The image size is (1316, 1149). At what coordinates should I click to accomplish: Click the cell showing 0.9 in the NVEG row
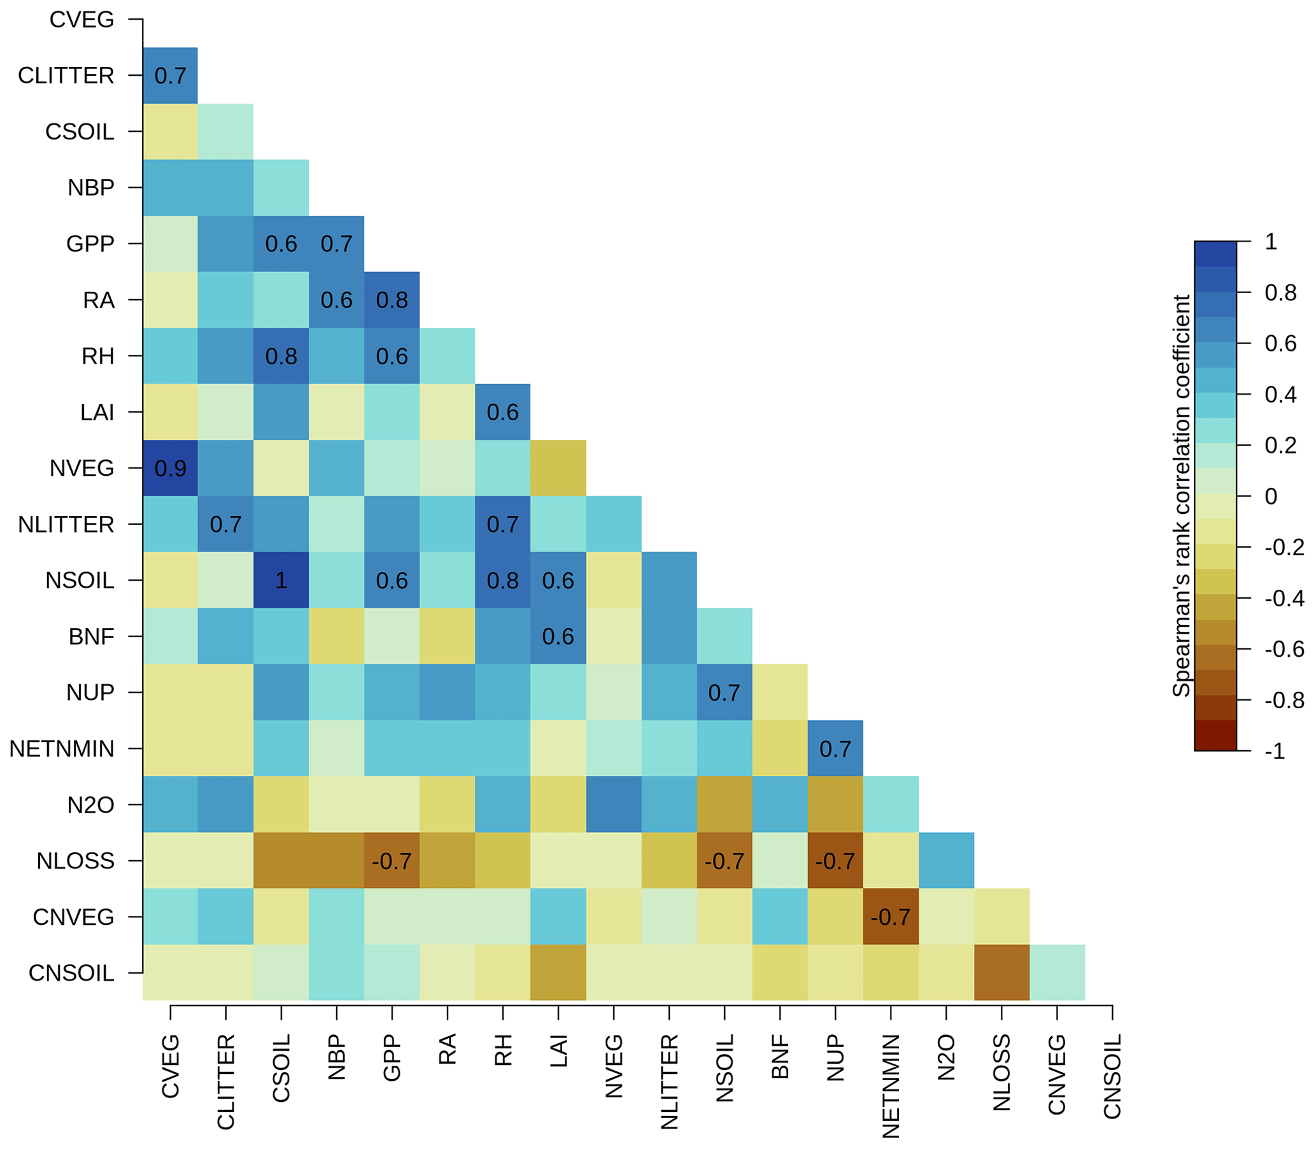click(x=170, y=468)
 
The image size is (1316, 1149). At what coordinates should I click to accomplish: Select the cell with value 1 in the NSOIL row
click(x=281, y=580)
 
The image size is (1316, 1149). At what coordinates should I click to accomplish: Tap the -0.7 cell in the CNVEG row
click(x=890, y=917)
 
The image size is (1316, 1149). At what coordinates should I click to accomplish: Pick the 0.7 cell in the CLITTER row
click(x=170, y=76)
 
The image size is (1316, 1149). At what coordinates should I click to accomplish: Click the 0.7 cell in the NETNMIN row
click(x=835, y=749)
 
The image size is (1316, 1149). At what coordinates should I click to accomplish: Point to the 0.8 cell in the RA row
click(x=392, y=300)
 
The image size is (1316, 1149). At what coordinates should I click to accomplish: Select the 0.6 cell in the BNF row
click(x=558, y=637)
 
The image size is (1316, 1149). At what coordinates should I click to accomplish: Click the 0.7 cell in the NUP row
click(x=724, y=692)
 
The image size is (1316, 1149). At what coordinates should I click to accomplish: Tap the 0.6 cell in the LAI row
click(x=502, y=412)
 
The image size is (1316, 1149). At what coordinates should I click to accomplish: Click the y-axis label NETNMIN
click(x=62, y=749)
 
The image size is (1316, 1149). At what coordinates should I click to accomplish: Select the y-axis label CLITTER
click(x=66, y=76)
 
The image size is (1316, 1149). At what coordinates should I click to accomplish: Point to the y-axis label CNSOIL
click(x=71, y=973)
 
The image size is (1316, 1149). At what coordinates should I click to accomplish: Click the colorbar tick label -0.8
click(x=1285, y=700)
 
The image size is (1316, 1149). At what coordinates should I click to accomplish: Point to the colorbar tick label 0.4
click(x=1280, y=394)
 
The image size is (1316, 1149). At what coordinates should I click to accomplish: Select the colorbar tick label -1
click(x=1275, y=751)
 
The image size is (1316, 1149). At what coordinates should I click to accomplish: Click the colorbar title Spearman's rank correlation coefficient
click(x=1181, y=496)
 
